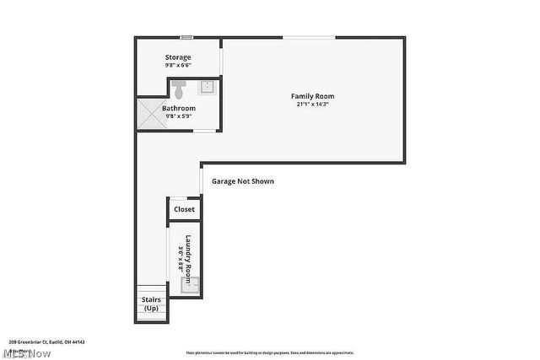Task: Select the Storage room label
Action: coord(177,57)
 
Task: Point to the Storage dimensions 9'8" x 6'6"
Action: coord(177,65)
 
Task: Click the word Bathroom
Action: coord(179,108)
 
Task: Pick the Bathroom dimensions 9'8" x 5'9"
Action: coord(179,116)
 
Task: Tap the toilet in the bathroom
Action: coord(178,89)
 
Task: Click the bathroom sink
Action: coord(208,87)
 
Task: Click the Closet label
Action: coord(184,209)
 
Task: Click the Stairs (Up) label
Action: coord(151,304)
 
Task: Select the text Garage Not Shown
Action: coord(243,181)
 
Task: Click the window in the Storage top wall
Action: coord(186,36)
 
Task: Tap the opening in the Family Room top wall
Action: coord(308,37)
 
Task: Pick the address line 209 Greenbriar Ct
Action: coord(47,342)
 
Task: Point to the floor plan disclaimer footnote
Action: coord(269,352)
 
